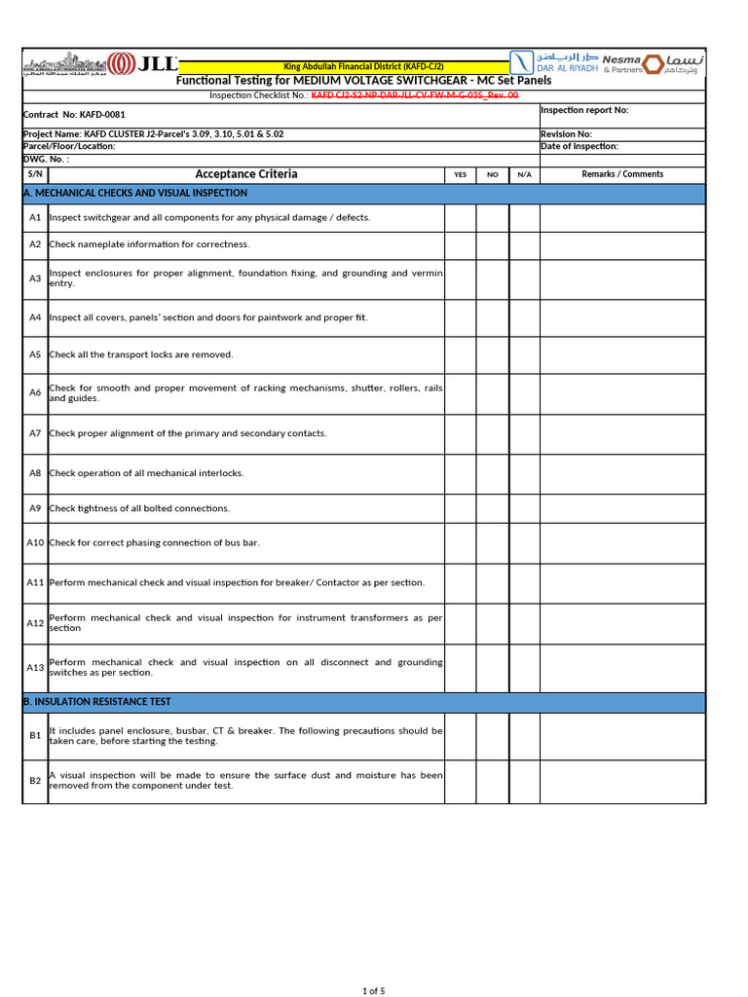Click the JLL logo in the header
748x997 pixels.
[145, 64]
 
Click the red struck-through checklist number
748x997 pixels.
[415, 95]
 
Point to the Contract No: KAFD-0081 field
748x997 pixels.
[74, 115]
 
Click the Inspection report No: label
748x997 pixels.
[584, 110]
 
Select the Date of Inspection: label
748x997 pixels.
[580, 146]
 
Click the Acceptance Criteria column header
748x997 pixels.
[246, 174]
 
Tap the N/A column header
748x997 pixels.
[524, 174]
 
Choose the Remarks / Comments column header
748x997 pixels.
[622, 174]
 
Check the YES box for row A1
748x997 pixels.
[460, 218]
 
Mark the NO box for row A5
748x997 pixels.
[493, 355]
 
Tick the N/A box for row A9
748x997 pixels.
[524, 508]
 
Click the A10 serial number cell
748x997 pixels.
[35, 543]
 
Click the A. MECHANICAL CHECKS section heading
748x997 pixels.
[134, 194]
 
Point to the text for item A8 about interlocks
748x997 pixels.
[147, 473]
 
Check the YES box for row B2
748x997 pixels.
[460, 781]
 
